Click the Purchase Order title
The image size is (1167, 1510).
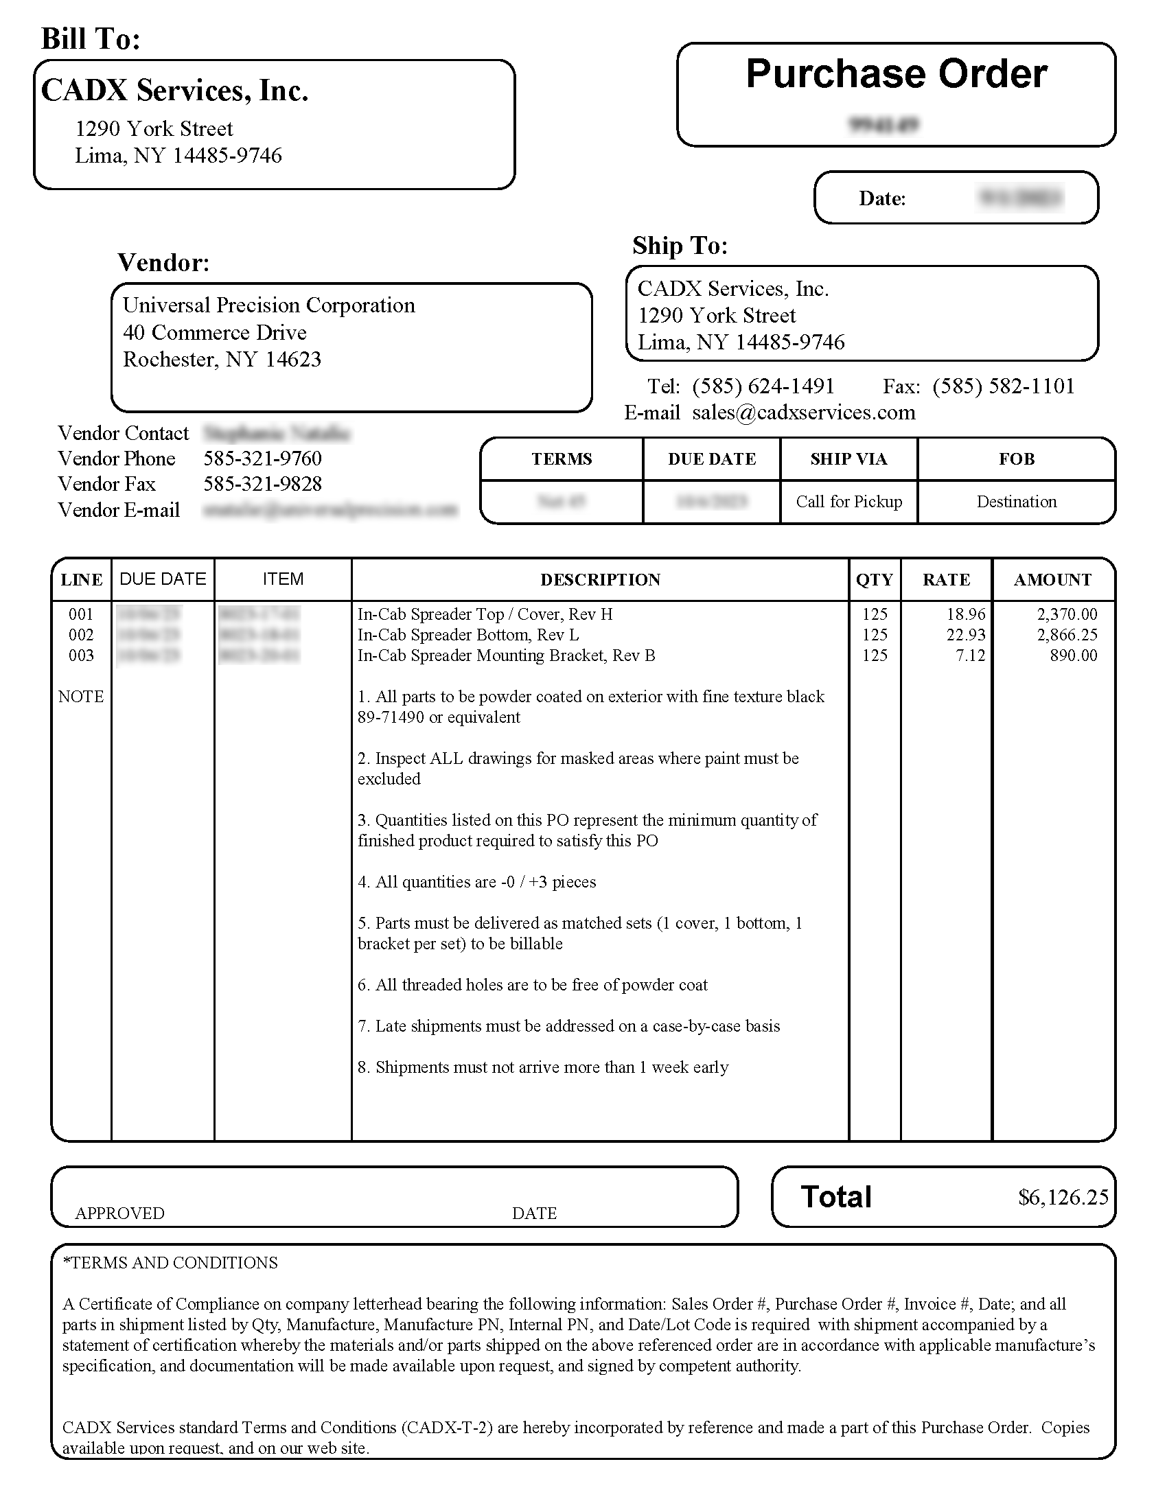pos(896,74)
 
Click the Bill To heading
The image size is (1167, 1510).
pos(91,38)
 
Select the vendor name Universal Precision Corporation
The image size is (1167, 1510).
pos(269,305)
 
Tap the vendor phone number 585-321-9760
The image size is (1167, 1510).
pos(263,458)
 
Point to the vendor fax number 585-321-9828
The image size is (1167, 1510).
pos(263,484)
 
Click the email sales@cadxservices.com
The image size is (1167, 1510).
pos(803,413)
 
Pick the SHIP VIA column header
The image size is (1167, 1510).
pos(848,459)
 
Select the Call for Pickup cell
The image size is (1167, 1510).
pos(849,502)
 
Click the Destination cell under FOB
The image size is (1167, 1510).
pos(1016,502)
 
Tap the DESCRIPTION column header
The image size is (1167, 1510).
pos(600,580)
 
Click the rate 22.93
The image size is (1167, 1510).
pos(966,635)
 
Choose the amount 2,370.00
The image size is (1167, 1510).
pos(1067,614)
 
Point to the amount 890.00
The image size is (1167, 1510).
pos(1073,655)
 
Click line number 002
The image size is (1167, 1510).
pos(81,635)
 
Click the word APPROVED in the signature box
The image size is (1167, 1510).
pos(119,1213)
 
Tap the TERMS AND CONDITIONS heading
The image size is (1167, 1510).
pos(170,1263)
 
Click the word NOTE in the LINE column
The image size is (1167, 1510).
pos(81,697)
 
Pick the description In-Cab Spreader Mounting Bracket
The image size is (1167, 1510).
pos(506,655)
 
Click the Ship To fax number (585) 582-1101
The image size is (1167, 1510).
pos(1003,386)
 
